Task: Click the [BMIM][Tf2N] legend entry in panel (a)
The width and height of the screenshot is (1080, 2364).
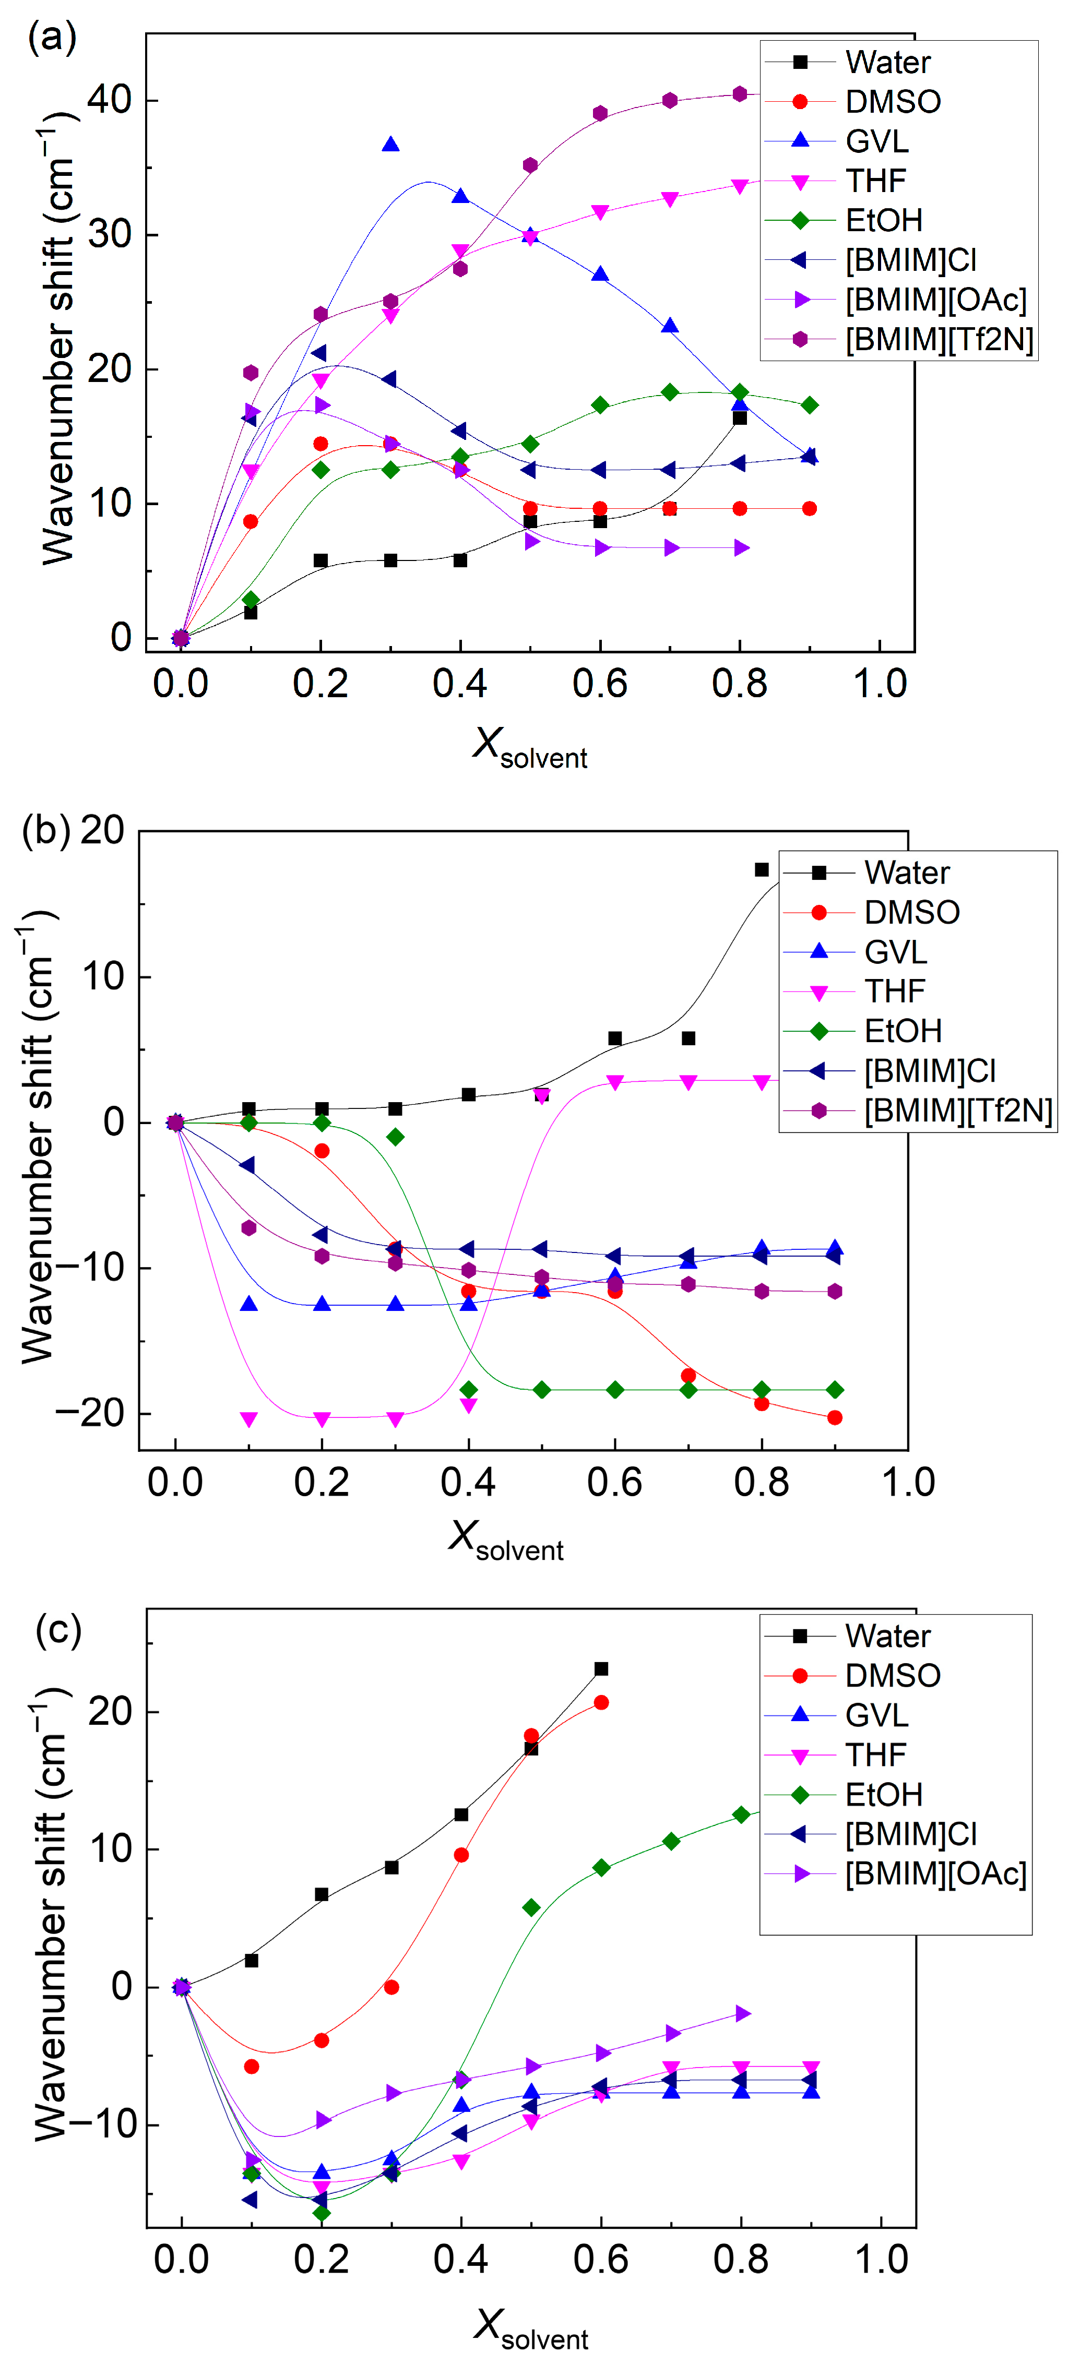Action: coord(899,340)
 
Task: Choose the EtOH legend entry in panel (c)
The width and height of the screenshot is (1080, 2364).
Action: coord(844,1794)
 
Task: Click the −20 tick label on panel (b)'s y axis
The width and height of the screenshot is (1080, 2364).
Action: coord(89,1413)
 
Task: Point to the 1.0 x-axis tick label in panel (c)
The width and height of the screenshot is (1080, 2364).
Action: coord(881,2260)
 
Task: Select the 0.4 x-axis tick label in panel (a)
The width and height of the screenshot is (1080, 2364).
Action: coord(460,684)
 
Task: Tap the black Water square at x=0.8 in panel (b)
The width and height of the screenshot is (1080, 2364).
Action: coord(762,869)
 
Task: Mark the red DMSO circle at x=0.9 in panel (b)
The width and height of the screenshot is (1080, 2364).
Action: coord(835,1418)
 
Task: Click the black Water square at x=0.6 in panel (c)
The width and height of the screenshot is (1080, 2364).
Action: coord(601,1668)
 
